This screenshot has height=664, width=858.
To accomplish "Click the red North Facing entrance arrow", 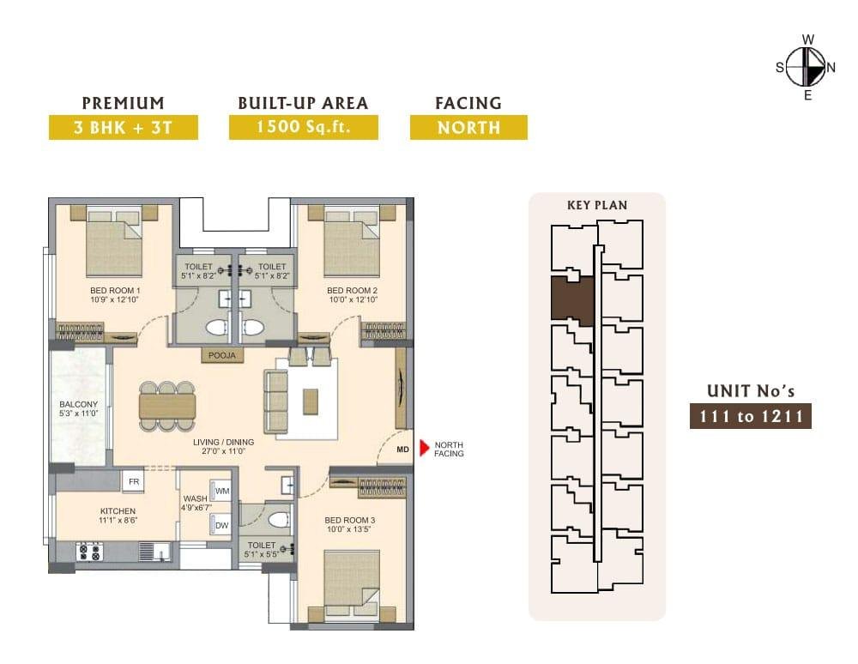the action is pyautogui.click(x=424, y=448).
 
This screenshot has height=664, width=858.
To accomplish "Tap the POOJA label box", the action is pyautogui.click(x=222, y=355).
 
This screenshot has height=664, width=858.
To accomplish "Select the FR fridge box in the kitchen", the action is pyautogui.click(x=133, y=481).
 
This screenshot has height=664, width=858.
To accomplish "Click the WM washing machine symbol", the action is pyautogui.click(x=221, y=492).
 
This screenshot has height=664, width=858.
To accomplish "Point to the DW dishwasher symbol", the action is pyautogui.click(x=221, y=525).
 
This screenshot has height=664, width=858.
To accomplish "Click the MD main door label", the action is pyautogui.click(x=402, y=450).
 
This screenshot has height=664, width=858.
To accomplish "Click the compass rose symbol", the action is pyautogui.click(x=807, y=67).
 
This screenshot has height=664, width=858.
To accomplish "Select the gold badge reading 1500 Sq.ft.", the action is pyautogui.click(x=304, y=127).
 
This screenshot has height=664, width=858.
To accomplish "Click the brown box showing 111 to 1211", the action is pyautogui.click(x=750, y=416).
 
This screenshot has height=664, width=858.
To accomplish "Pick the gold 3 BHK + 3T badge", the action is pyautogui.click(x=123, y=127).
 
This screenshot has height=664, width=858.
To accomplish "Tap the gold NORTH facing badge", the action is pyautogui.click(x=469, y=127).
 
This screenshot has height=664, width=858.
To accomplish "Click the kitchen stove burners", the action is pyautogui.click(x=89, y=552).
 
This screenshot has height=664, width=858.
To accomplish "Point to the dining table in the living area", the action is pyautogui.click(x=167, y=406).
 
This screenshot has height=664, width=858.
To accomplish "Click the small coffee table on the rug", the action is pyautogui.click(x=311, y=401).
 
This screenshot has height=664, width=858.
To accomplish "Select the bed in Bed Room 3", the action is pyautogui.click(x=352, y=585).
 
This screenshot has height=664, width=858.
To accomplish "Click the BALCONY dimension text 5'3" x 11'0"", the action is pyautogui.click(x=78, y=413).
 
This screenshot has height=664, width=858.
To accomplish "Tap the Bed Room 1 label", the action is pyautogui.click(x=115, y=291).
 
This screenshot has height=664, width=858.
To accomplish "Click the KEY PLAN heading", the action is pyautogui.click(x=597, y=205).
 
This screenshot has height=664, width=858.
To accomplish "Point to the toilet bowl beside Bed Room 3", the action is pyautogui.click(x=280, y=520).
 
